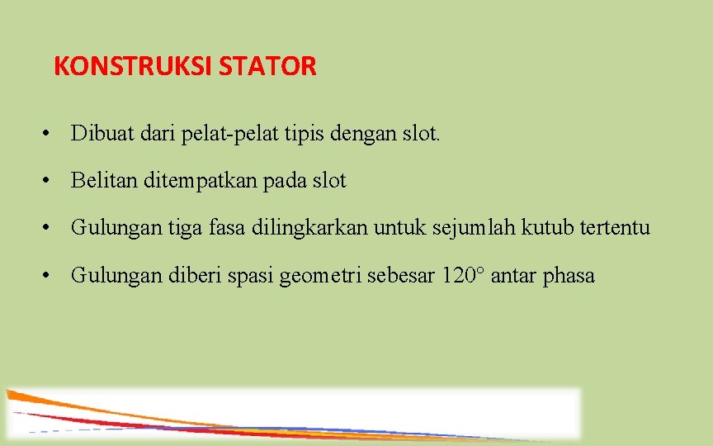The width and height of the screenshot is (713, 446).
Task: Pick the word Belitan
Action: pyautogui.click(x=104, y=180)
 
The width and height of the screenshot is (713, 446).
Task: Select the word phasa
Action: pyautogui.click(x=569, y=275)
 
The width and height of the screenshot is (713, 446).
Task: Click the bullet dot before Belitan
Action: pyautogui.click(x=51, y=180)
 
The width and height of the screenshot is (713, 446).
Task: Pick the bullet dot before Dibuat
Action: pyautogui.click(x=51, y=133)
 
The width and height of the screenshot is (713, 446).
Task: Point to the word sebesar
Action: pyautogui.click(x=398, y=275)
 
